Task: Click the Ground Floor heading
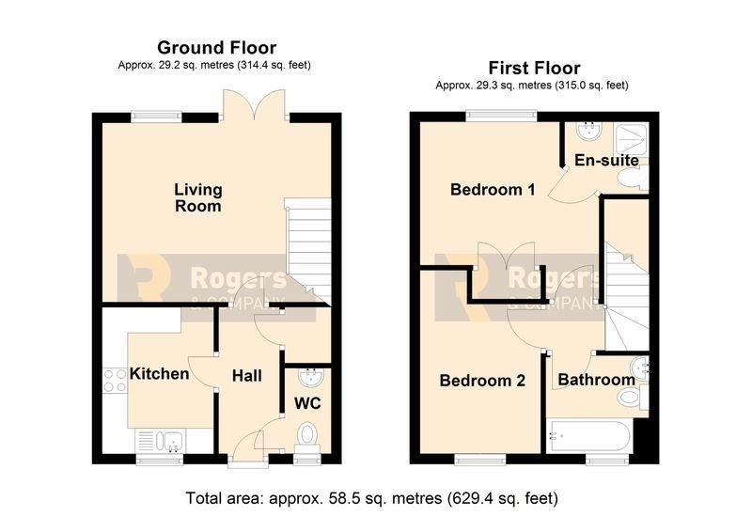pos(217,48)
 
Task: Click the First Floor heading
pos(534,68)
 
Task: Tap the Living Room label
pos(198,197)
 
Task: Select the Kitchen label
pos(159,374)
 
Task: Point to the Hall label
pos(247,376)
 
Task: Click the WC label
pos(307,403)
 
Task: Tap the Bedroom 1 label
pos(493,190)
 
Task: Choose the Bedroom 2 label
pos(482,381)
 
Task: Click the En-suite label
pos(606,160)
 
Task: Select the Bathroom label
pos(597,380)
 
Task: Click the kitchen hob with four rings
pos(115,380)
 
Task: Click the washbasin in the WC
pos(311,376)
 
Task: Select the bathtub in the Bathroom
pos(589,436)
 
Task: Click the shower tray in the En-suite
pos(631,139)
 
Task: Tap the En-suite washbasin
pos(588,131)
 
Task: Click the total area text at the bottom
pos(371,498)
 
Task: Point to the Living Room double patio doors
pos(255,104)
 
